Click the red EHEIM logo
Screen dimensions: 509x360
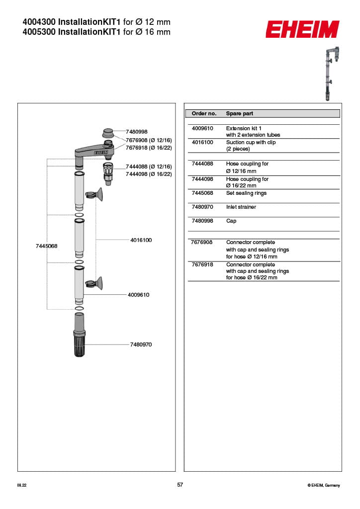[x=302, y=29]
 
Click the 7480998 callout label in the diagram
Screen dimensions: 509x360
[x=137, y=132]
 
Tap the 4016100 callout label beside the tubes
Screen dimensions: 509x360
[x=141, y=240]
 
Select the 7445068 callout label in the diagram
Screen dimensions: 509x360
[x=47, y=246]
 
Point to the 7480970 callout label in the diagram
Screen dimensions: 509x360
[x=141, y=344]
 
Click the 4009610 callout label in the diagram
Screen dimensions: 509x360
[x=138, y=295]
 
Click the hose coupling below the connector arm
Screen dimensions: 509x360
[x=107, y=171]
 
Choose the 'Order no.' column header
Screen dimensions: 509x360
[x=204, y=114]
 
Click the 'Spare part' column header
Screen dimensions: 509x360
[x=240, y=114]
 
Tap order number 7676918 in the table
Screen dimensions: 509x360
[x=202, y=264]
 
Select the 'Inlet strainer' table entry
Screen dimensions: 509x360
[x=241, y=207]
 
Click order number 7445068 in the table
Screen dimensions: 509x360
[x=202, y=193]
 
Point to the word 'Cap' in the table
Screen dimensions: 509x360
[x=231, y=221]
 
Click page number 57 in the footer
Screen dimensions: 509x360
[x=180, y=485]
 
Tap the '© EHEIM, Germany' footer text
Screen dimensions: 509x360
[x=324, y=486]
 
